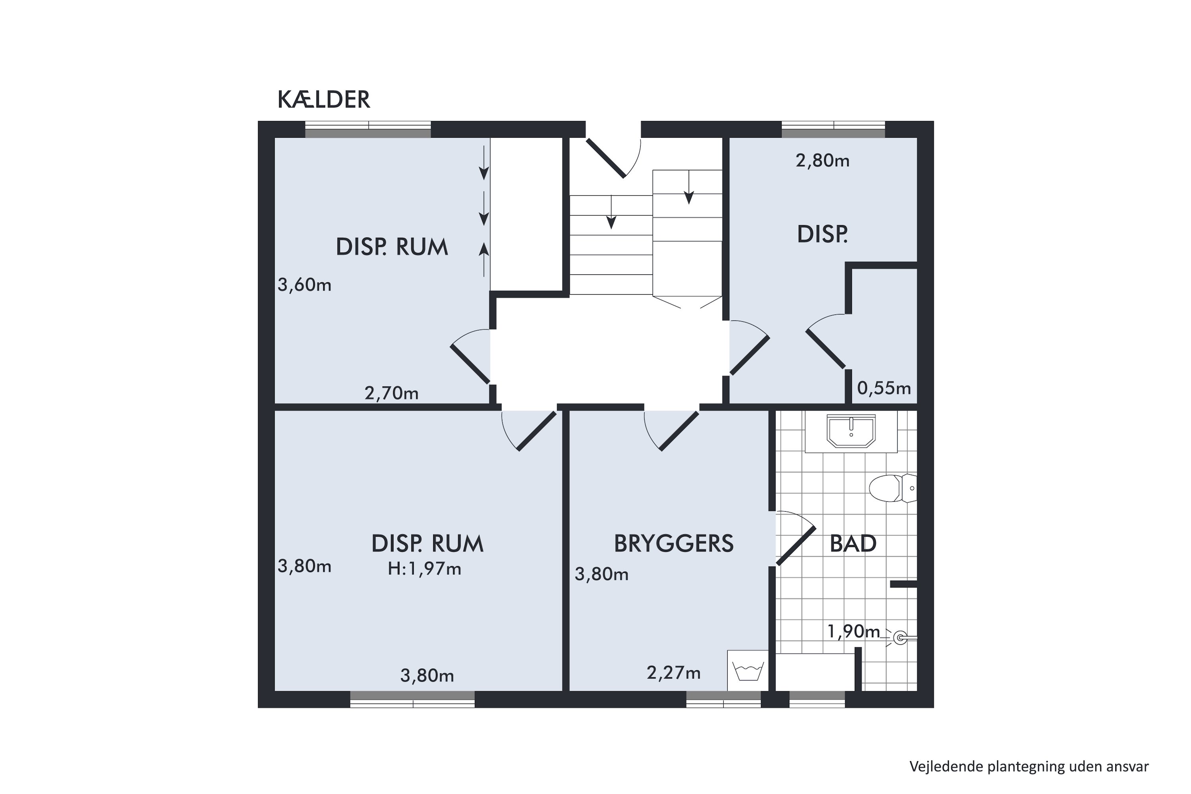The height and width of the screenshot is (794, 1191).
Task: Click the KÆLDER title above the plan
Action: coord(324,100)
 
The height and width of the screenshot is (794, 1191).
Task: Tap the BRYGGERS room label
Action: coord(673,544)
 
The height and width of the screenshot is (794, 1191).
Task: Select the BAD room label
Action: coord(853,544)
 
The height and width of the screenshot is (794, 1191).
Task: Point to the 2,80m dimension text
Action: coord(822,160)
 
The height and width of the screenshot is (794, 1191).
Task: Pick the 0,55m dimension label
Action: coord(884,388)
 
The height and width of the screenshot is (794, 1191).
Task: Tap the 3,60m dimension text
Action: coord(304,285)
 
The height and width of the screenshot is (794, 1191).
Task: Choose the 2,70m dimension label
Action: coord(391,393)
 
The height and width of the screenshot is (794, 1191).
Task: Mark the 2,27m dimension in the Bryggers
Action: coord(673,673)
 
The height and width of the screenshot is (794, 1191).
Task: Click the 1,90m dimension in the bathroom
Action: coord(854,632)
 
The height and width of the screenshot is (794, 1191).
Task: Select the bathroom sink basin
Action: coord(851,432)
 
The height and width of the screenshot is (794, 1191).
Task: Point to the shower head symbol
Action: coord(900,638)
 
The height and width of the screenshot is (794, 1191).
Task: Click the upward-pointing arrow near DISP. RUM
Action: coord(484,259)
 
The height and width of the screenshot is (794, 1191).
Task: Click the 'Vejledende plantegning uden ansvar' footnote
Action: coord(1029,767)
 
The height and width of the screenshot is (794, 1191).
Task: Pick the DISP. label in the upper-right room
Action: coord(822,235)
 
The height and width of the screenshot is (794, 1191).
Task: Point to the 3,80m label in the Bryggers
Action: coord(601,574)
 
